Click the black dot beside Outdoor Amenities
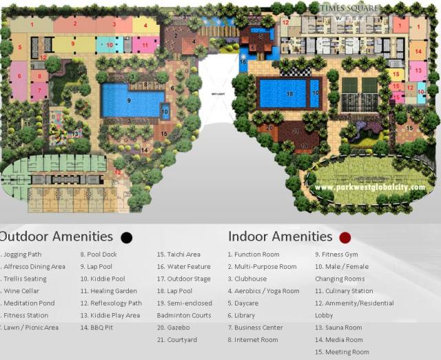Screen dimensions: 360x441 tap(126, 238)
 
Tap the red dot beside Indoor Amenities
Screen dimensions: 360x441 tap(345, 238)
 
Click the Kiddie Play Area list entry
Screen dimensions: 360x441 tap(110, 315)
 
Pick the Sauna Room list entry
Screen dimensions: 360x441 tap(338, 328)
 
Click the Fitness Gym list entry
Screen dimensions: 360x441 tap(337, 254)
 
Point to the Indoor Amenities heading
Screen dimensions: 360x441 tap(280, 237)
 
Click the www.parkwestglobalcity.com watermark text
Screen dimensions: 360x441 tap(373, 187)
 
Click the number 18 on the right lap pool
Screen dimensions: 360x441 tap(289, 93)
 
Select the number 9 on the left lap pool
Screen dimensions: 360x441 tap(129, 101)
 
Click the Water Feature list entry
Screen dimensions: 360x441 tap(183, 267)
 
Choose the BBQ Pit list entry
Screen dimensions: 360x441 tap(99, 328)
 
